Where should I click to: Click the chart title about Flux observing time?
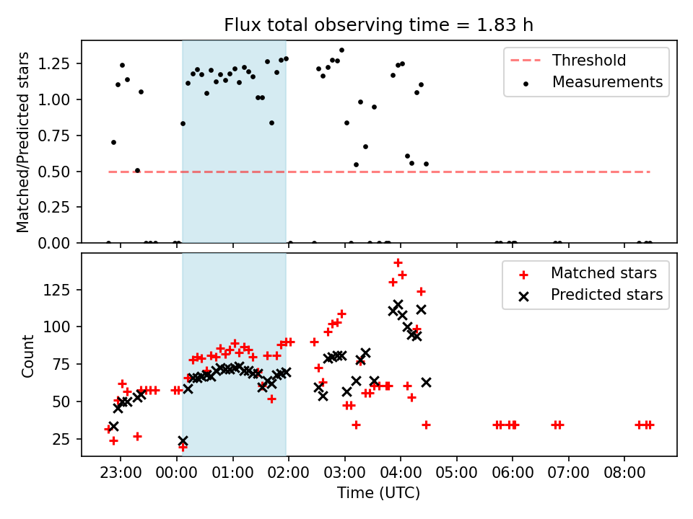click(379, 25)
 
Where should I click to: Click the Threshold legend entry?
click(589, 61)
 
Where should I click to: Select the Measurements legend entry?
click(607, 82)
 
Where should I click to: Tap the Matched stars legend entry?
click(603, 273)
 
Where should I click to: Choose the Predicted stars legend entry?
click(606, 295)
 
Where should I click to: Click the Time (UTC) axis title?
click(379, 494)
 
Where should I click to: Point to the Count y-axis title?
click(28, 355)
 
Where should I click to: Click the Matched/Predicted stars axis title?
click(23, 142)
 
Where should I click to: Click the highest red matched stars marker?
click(398, 262)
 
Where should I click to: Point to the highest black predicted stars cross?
click(398, 305)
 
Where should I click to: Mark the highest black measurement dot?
click(341, 50)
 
